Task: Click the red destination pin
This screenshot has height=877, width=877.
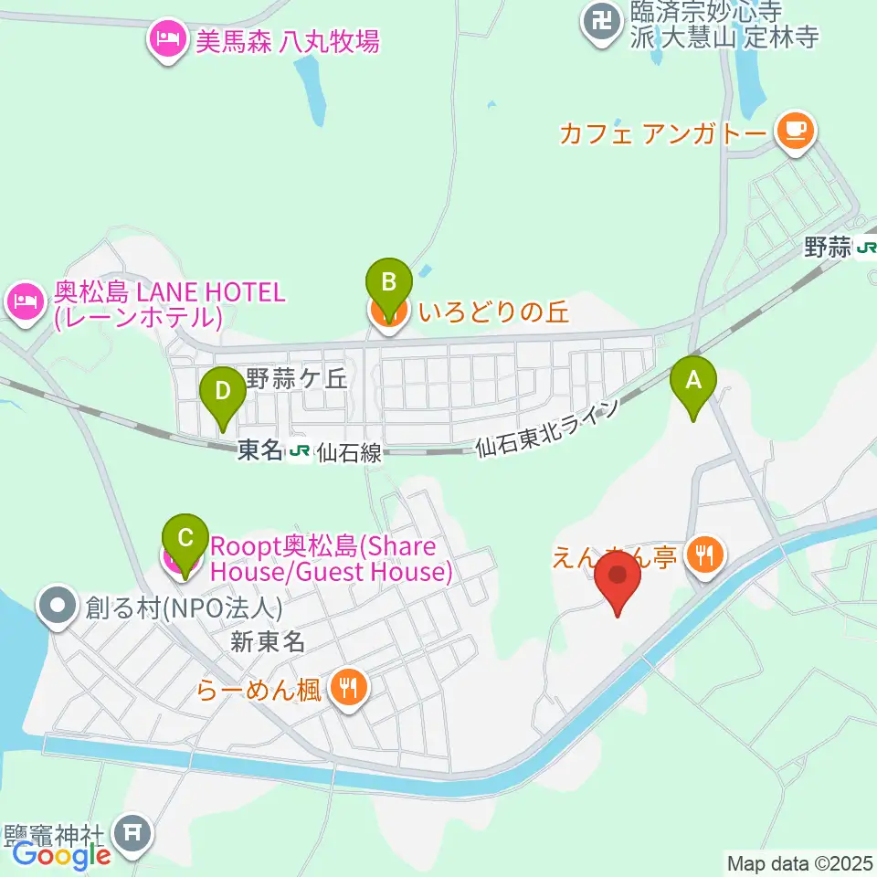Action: click(618, 581)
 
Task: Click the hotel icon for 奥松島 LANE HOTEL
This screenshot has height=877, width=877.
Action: click(25, 301)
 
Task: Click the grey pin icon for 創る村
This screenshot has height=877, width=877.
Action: click(59, 606)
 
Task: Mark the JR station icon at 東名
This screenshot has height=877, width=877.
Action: click(299, 450)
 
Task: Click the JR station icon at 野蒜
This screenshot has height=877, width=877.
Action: click(867, 247)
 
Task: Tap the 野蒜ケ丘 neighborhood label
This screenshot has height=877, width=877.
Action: click(298, 378)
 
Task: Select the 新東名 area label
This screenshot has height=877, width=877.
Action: click(267, 642)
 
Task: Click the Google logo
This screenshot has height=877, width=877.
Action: click(61, 856)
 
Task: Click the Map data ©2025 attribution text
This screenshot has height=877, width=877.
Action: click(798, 862)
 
